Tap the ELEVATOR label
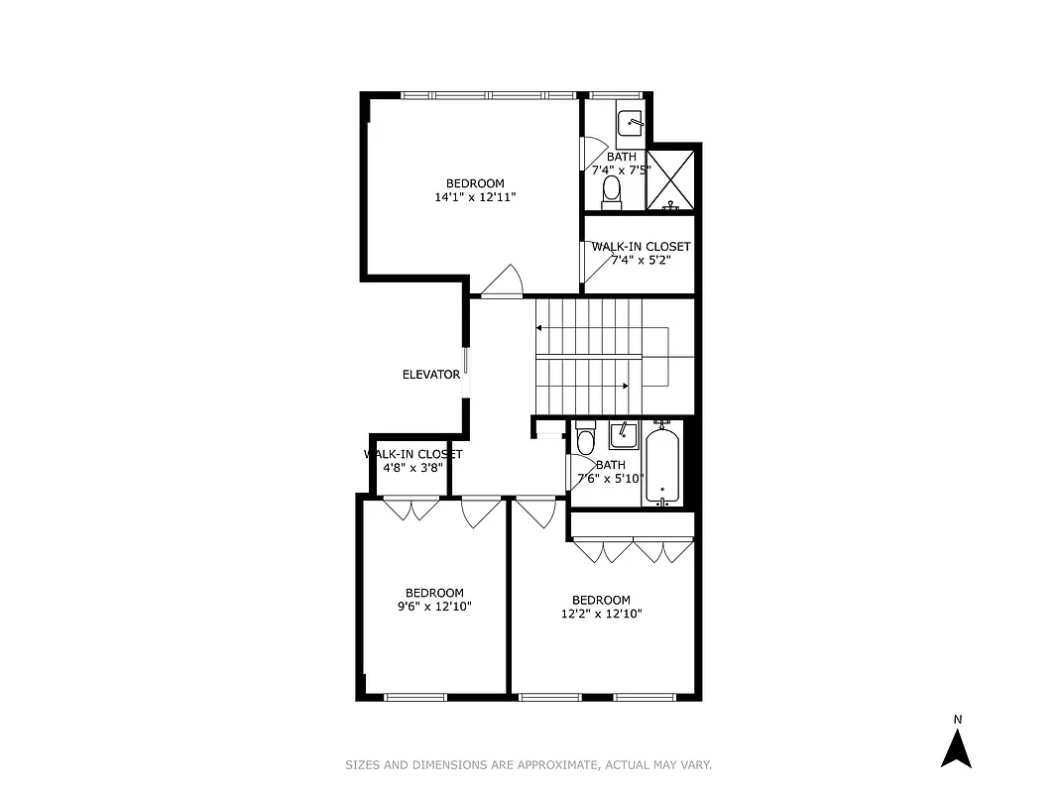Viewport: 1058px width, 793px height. point(431,375)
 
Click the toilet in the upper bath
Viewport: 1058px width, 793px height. point(612,191)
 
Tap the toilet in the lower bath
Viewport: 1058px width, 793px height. point(585,438)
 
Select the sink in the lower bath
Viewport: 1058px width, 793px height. point(623,434)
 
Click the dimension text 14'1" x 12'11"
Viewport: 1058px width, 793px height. point(475,197)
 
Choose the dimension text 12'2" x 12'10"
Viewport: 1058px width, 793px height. point(601,614)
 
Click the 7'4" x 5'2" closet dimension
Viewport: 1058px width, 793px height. point(641,260)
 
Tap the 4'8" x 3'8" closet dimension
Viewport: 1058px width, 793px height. point(412,468)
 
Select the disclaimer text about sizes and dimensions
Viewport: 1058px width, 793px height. point(529,764)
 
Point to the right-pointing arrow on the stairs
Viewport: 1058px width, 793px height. point(624,386)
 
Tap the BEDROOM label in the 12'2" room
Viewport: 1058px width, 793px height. point(601,600)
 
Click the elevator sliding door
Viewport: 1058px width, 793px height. point(465,374)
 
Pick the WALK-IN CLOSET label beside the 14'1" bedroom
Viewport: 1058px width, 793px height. point(641,246)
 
